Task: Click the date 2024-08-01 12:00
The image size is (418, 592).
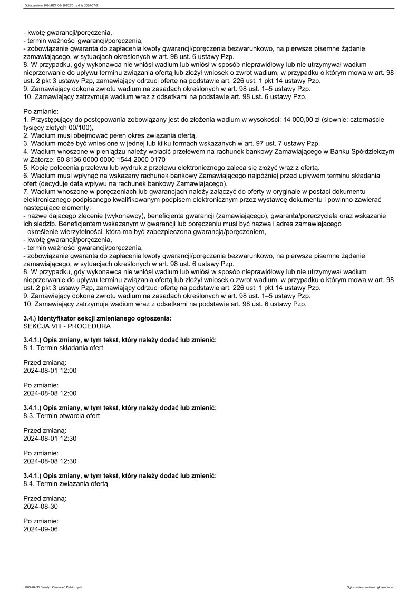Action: point(50,371)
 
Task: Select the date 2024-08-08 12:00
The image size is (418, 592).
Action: point(50,393)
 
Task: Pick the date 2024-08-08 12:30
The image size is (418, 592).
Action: point(50,461)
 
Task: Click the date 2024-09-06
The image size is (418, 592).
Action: point(41,529)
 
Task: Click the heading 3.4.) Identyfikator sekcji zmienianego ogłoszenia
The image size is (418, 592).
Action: point(98,319)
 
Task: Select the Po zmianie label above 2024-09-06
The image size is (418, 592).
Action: point(41,521)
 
